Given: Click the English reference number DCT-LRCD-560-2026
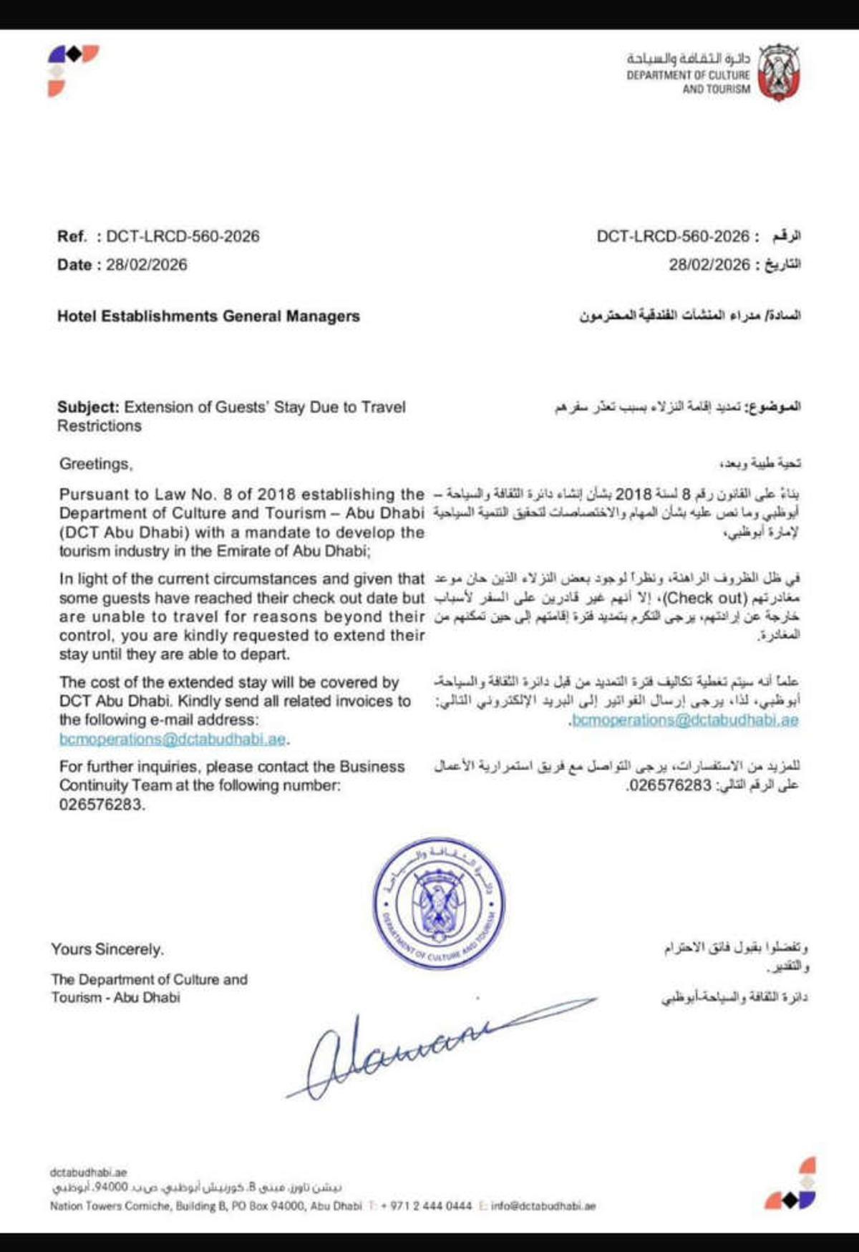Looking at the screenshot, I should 183,236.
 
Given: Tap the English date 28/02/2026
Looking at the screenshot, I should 147,265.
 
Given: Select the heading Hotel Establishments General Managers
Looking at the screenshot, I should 208,316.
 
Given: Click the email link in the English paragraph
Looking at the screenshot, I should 173,739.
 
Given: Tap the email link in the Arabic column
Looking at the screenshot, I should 685,720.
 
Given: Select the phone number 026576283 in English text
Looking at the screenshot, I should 101,805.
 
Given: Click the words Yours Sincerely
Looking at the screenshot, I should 107,950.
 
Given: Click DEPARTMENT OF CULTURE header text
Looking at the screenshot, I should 688,75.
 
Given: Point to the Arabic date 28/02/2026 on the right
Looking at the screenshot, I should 709,265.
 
